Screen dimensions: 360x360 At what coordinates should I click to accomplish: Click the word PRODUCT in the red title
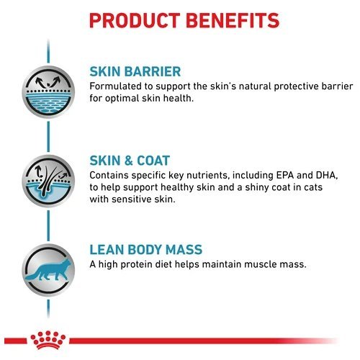[x=135, y=20]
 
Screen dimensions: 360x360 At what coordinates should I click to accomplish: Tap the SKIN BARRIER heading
[x=135, y=71]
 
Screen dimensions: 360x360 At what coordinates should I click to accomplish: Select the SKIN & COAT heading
[x=130, y=161]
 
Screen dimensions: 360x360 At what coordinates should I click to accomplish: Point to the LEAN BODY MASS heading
[x=146, y=249]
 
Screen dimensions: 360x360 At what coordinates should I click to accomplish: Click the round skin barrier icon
[x=48, y=92]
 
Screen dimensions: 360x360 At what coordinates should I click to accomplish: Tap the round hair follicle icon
[x=48, y=181]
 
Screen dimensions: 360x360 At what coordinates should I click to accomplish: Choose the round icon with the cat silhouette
[x=48, y=270]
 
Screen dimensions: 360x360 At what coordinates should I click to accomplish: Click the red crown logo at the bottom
[x=48, y=340]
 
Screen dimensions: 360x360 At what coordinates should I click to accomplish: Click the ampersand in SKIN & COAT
[x=129, y=161]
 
